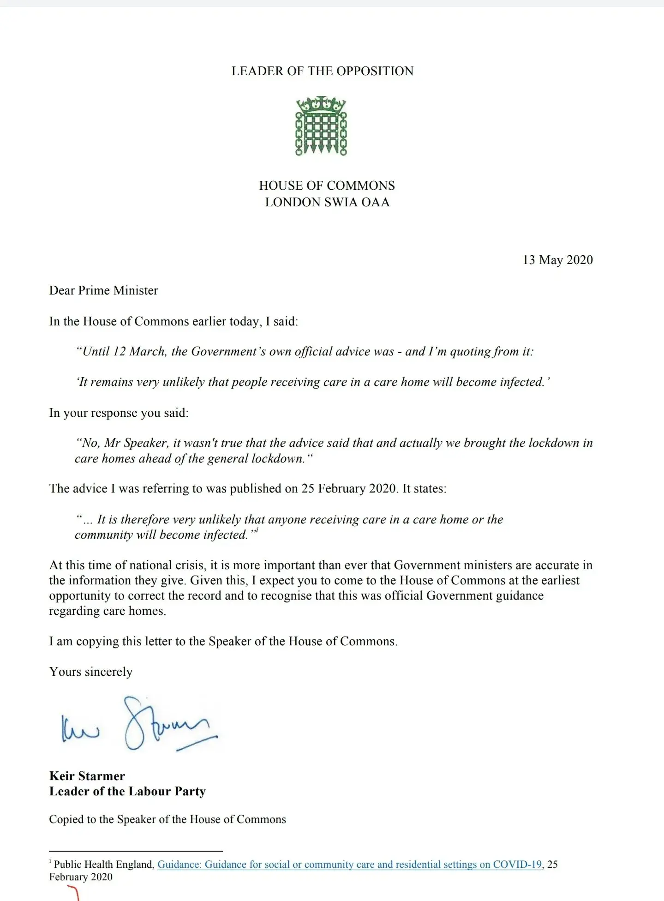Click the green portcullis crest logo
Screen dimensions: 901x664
coord(321,126)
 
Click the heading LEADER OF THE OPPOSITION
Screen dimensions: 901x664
coord(323,71)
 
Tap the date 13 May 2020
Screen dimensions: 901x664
coord(557,260)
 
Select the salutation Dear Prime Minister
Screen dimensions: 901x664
coord(104,290)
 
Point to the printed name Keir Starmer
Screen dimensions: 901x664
coord(87,776)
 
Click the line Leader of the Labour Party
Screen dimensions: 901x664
coord(127,791)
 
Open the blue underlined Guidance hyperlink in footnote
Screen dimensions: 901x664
coord(349,865)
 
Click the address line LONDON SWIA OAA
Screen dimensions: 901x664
coord(327,202)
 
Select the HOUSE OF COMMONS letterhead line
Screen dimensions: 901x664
coord(327,186)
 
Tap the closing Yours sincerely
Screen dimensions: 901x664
coord(91,672)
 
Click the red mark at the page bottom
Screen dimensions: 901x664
coord(74,894)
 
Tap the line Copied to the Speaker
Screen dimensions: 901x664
coord(167,819)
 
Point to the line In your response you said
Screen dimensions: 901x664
coord(119,413)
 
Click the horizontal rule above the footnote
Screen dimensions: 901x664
coord(136,851)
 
